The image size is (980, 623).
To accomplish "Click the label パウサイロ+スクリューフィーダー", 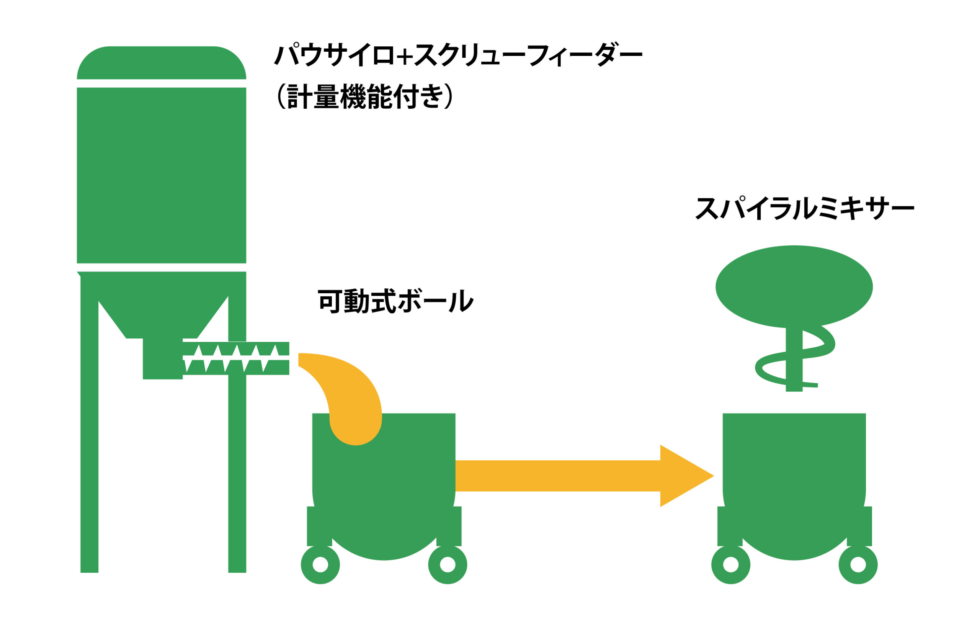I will pos(458,55).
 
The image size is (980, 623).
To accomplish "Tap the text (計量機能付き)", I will pos(364,96).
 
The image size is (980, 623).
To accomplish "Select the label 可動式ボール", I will pos(395,301).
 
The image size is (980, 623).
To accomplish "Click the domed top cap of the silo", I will pos(162,63).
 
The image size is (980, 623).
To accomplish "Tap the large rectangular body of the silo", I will pos(162,175).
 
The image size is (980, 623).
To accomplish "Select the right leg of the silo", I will pos(237,468).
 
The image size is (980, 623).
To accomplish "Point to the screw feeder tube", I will pos(236,358).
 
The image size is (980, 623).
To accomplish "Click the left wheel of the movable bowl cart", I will pos(320,564).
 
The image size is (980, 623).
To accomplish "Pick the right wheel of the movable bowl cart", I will pos(447,564).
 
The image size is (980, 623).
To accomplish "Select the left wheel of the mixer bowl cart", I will pos(730,564).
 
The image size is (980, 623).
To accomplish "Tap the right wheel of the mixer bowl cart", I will pos(858,564).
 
